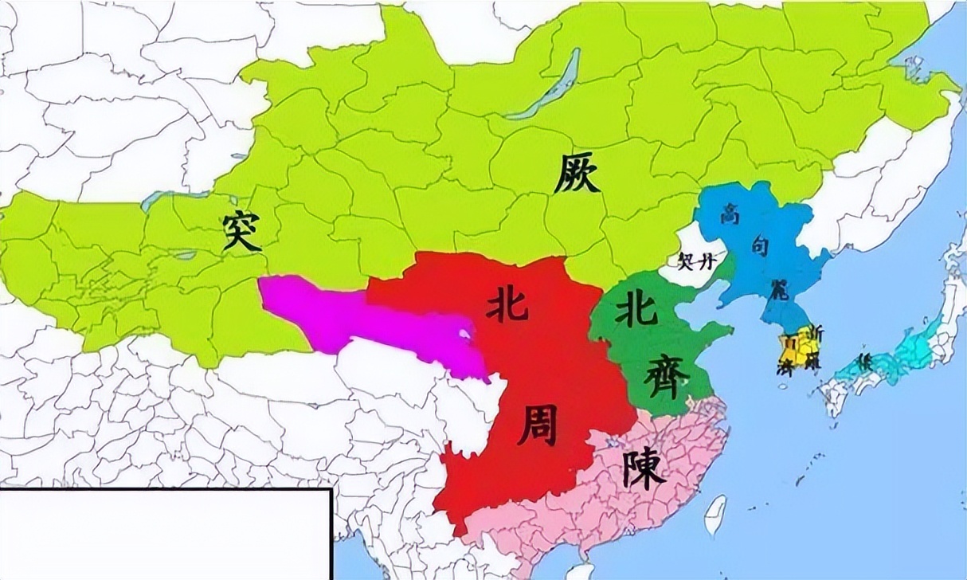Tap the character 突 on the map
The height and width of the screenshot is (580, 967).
coord(242,231)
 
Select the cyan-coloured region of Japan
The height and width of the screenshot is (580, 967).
coord(908,351)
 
